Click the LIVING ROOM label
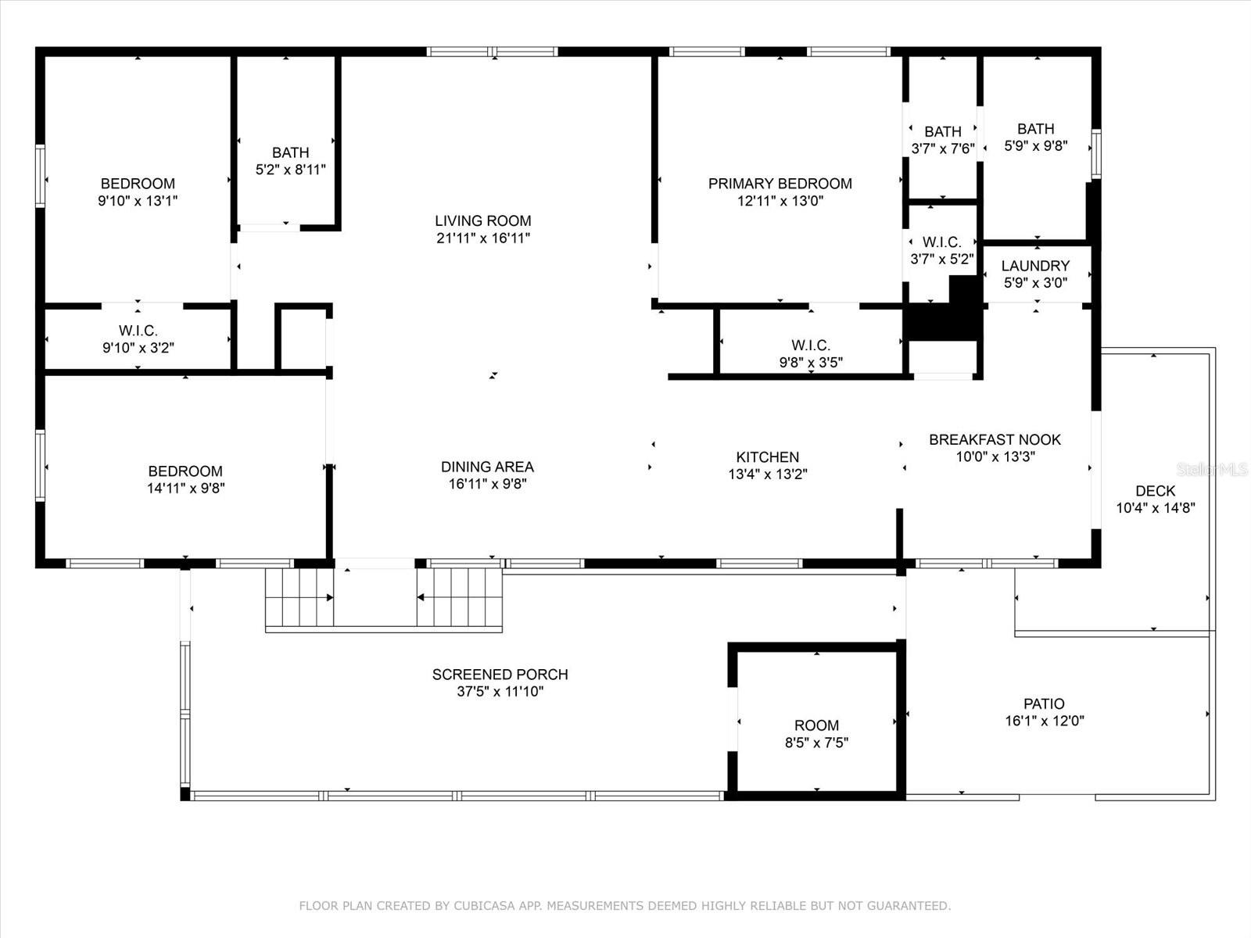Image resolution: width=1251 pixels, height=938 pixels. click(x=482, y=221)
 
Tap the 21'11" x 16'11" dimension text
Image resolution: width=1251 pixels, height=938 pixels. click(x=483, y=238)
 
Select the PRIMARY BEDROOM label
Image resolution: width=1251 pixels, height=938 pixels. click(x=780, y=184)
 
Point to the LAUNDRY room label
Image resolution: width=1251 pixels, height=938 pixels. click(x=1035, y=266)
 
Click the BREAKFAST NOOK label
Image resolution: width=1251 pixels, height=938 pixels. click(x=995, y=439)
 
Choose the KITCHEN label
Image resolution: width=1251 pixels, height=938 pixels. click(x=767, y=456)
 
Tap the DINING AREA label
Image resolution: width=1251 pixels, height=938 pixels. click(x=487, y=467)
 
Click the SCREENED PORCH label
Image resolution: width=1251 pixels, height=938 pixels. click(x=500, y=675)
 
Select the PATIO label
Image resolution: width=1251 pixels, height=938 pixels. click(x=1044, y=703)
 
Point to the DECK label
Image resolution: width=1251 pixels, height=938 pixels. click(x=1156, y=491)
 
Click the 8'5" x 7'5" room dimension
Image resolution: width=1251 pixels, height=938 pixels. click(x=817, y=743)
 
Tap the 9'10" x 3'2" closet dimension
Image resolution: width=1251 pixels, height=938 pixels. click(x=138, y=347)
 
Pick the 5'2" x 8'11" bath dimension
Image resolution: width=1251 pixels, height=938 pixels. click(x=291, y=170)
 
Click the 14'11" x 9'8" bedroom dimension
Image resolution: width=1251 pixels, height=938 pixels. click(x=186, y=488)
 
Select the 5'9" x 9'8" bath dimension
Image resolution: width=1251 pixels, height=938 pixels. click(x=1035, y=146)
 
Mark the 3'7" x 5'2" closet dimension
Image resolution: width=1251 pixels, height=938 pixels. click(x=942, y=260)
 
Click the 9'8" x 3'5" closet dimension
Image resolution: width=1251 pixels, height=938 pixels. click(x=811, y=362)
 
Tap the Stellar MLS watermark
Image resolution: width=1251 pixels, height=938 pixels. click(x=1212, y=470)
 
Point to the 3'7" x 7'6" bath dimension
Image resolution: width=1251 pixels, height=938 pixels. click(x=943, y=149)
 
